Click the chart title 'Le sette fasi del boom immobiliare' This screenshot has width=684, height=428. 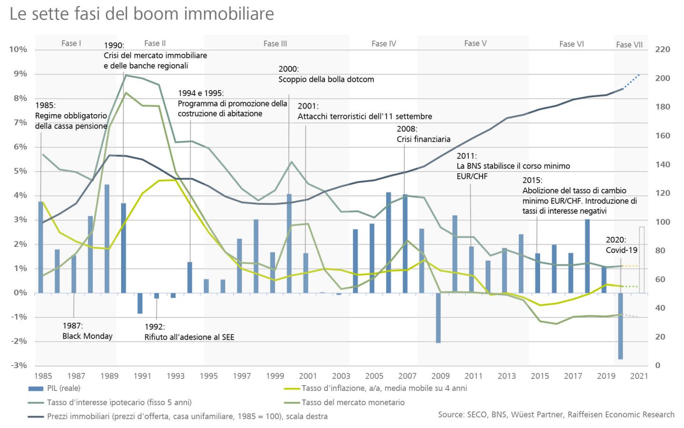click(x=142, y=14)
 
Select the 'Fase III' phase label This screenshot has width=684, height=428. click(x=275, y=44)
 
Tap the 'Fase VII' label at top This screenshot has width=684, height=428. click(x=629, y=45)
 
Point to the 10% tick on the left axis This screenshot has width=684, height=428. click(x=18, y=49)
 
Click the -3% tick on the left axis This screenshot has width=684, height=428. click(x=19, y=365)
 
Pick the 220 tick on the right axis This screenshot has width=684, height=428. click(x=663, y=49)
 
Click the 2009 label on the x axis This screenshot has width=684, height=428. click(x=440, y=376)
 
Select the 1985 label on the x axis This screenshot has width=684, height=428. click(x=43, y=376)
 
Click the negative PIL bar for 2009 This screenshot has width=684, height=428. click(x=438, y=318)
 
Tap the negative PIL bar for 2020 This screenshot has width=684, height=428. click(x=620, y=326)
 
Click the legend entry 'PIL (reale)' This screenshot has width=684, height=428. click(x=64, y=389)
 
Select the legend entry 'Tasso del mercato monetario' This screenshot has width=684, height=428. click(x=353, y=403)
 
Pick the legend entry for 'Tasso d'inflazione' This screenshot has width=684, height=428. click(x=384, y=389)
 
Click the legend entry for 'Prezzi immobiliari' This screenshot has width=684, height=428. click(x=187, y=417)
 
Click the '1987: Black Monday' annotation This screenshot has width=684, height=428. click(x=87, y=331)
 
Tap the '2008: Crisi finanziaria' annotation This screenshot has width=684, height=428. click(x=423, y=134)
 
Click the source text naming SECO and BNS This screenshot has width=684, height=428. click(x=556, y=415)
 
